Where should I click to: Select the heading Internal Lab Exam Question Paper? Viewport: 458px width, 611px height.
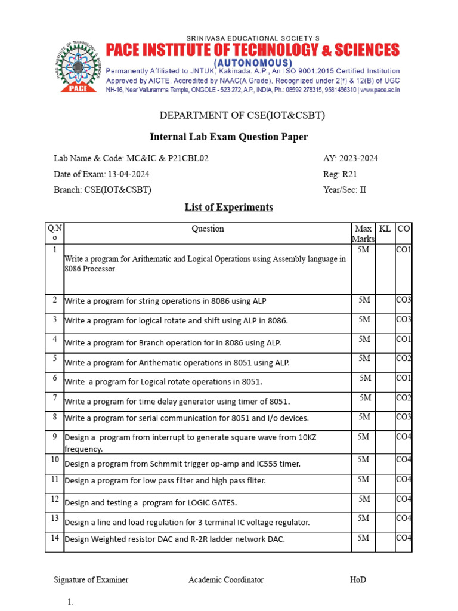coord(228,137)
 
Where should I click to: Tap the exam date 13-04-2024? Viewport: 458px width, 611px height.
coord(128,174)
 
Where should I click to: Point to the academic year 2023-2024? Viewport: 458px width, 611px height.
coord(359,158)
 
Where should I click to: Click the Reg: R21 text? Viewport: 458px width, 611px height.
coord(340,174)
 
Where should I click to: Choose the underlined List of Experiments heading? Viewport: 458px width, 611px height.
coord(228,208)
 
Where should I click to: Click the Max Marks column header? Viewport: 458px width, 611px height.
coord(363,234)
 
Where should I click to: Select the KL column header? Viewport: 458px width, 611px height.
coord(385,229)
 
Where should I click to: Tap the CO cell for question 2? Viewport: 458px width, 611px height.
coord(404,300)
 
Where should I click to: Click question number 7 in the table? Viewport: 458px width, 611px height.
coord(54,397)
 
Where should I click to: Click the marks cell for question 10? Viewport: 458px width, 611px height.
coord(363,459)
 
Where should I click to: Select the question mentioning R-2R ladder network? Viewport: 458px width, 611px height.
coord(175,539)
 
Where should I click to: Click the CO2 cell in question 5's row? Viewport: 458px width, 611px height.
coord(404,358)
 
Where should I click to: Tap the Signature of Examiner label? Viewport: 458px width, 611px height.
coord(91,580)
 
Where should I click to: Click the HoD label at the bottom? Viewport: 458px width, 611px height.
coord(358,580)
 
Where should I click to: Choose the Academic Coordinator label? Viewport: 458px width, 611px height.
coord(226,580)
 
